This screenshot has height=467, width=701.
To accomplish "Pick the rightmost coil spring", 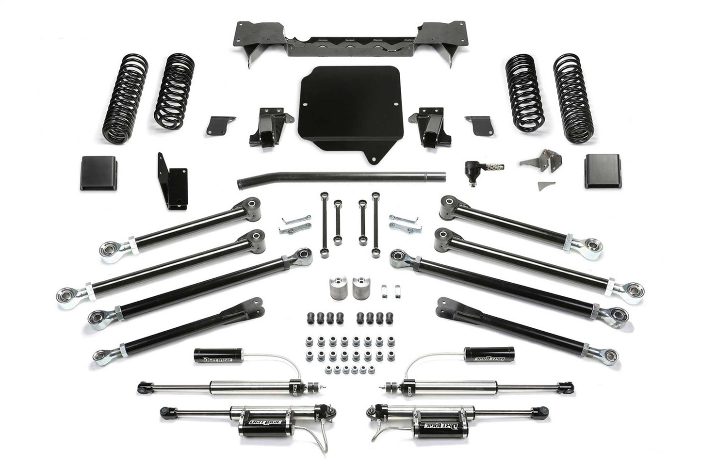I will click(573, 98).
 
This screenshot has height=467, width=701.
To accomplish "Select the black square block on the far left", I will click(98, 173).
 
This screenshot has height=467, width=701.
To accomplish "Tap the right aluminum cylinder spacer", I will click(361, 288).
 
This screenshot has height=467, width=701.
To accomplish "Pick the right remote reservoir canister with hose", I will click(489, 354).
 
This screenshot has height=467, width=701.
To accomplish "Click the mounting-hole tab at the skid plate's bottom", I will click(373, 159).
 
